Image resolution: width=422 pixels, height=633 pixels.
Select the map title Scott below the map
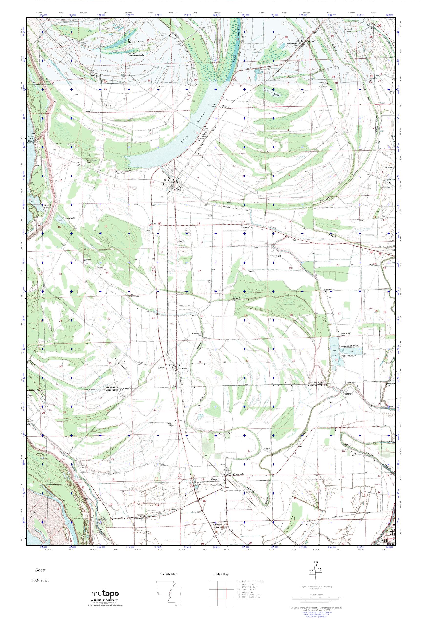tap(40, 578)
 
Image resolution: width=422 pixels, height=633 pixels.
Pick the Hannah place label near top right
tap(310, 41)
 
